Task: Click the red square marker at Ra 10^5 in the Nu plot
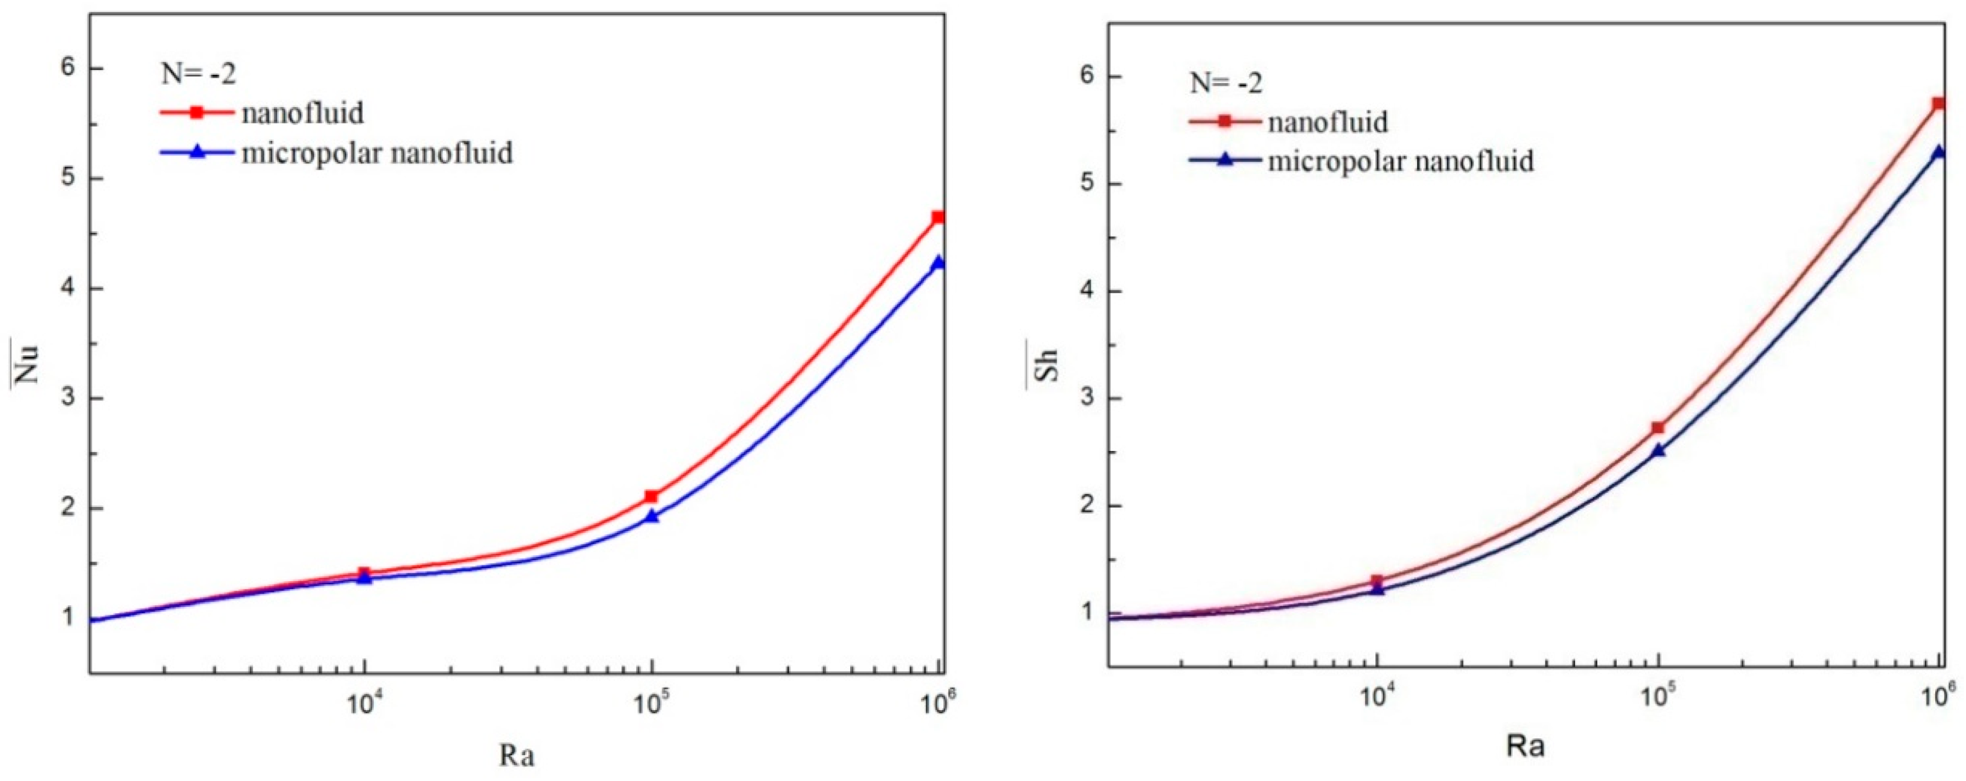(x=651, y=497)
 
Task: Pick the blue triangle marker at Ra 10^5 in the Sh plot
(x=1658, y=450)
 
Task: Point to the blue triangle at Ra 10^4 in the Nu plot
(x=365, y=578)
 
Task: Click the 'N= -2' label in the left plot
(x=199, y=74)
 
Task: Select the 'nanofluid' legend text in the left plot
(x=302, y=113)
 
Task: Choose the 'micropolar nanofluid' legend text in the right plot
(x=1401, y=161)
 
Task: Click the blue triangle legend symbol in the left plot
(x=197, y=152)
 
